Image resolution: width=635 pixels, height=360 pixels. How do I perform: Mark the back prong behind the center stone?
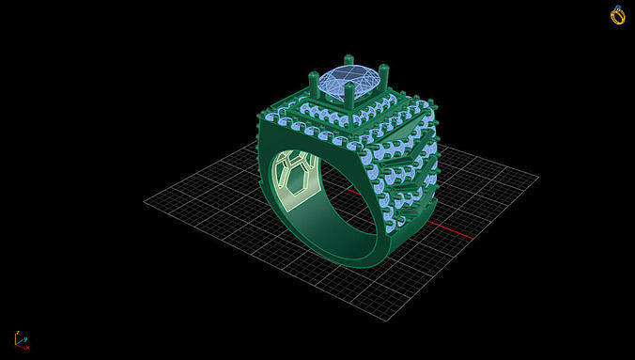point(348,61)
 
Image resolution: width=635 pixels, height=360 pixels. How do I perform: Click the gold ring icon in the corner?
point(617,15)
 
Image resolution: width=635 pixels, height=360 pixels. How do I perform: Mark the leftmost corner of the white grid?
point(145,200)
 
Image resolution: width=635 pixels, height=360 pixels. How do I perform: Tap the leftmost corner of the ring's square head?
point(260,117)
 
